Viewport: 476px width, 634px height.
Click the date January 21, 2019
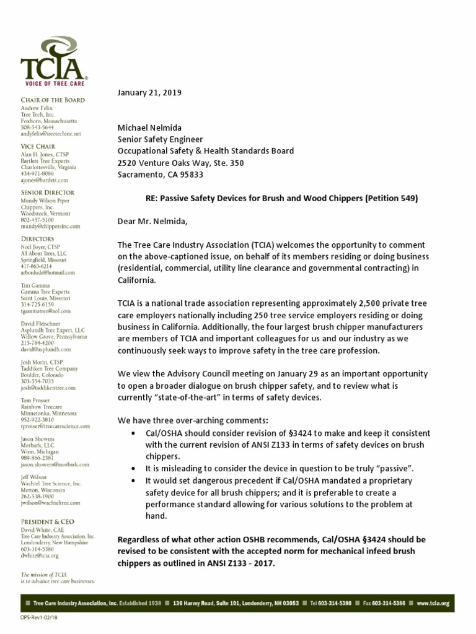(149, 92)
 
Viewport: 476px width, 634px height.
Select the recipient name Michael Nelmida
(149, 128)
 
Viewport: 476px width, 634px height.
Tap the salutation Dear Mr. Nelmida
(151, 221)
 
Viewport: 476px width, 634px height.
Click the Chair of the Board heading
(53, 100)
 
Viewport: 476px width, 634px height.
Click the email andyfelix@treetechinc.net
(51, 134)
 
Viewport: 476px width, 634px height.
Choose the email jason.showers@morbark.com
(55, 464)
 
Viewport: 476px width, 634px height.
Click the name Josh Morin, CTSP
(45, 362)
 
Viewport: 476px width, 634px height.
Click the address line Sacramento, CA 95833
(160, 175)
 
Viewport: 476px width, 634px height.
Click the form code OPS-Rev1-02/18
(38, 617)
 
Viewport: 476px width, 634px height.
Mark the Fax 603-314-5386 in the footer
(385, 603)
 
